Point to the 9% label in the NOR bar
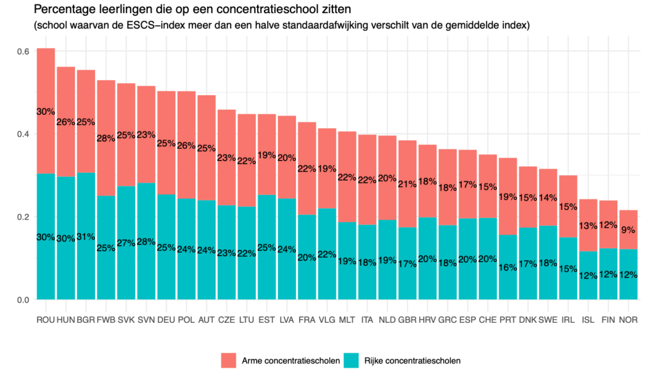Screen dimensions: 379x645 coord(629,230)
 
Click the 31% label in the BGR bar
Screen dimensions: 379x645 coord(86,236)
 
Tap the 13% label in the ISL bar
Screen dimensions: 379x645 coord(588,226)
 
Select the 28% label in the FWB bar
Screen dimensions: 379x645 coord(106,138)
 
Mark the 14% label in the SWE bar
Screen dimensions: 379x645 coord(548,197)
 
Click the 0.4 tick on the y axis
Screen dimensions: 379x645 coord(23,134)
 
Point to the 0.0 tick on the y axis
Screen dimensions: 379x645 coord(23,299)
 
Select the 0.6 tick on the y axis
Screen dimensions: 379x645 coord(23,51)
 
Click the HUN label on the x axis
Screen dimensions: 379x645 coord(66,320)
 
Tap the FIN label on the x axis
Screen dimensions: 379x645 coord(608,320)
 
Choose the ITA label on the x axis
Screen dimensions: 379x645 coord(367,320)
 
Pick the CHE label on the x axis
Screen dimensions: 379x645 coord(488,320)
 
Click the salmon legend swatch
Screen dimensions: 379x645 coord(229,360)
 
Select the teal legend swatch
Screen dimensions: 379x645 coord(351,360)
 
